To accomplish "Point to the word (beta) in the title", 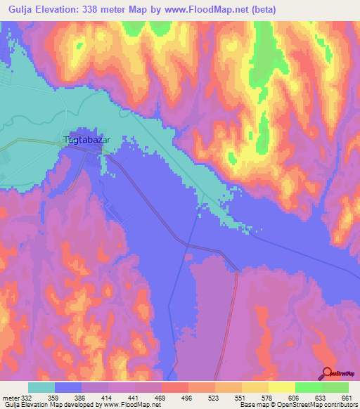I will [x=259, y=10].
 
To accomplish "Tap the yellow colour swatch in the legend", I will [x=282, y=387].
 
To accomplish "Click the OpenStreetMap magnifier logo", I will [x=328, y=374].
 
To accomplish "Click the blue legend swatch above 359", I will [x=68, y=387].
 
